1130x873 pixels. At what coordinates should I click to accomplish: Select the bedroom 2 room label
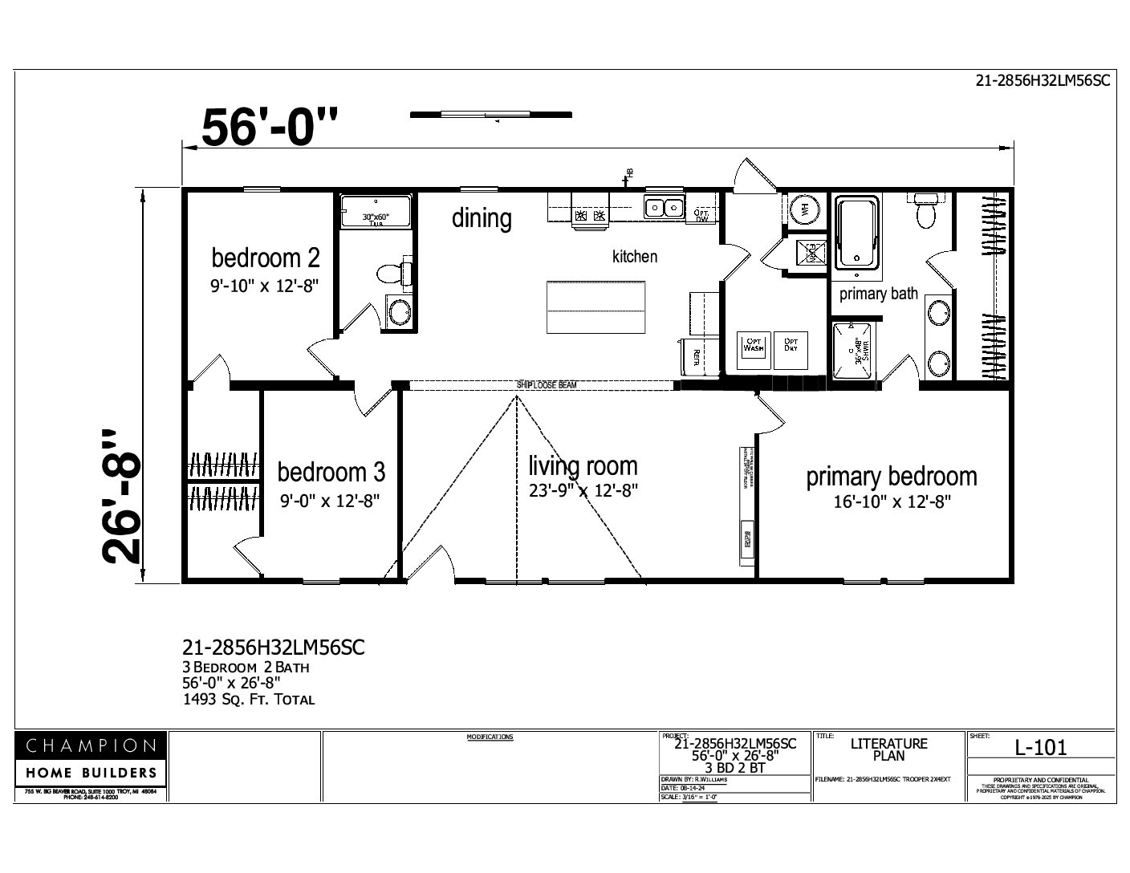266,258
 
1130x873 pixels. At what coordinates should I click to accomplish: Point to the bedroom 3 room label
331,471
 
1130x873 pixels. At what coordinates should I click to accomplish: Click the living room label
583,465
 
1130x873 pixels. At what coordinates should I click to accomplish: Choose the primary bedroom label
891,477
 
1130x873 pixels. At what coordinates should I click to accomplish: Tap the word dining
482,218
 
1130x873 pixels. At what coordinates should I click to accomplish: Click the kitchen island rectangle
595,307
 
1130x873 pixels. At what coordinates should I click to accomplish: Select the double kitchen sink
663,208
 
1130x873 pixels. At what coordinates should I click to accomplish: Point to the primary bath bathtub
857,232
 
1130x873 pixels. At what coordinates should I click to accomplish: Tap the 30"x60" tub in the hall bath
375,212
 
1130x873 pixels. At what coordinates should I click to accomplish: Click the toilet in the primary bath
926,210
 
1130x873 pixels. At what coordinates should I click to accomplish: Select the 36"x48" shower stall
856,351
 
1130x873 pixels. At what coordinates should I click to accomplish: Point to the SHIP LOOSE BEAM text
547,385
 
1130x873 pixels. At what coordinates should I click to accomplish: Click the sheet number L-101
1041,748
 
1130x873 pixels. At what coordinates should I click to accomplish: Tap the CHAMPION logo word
91,745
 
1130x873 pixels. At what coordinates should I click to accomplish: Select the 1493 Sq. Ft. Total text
249,699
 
